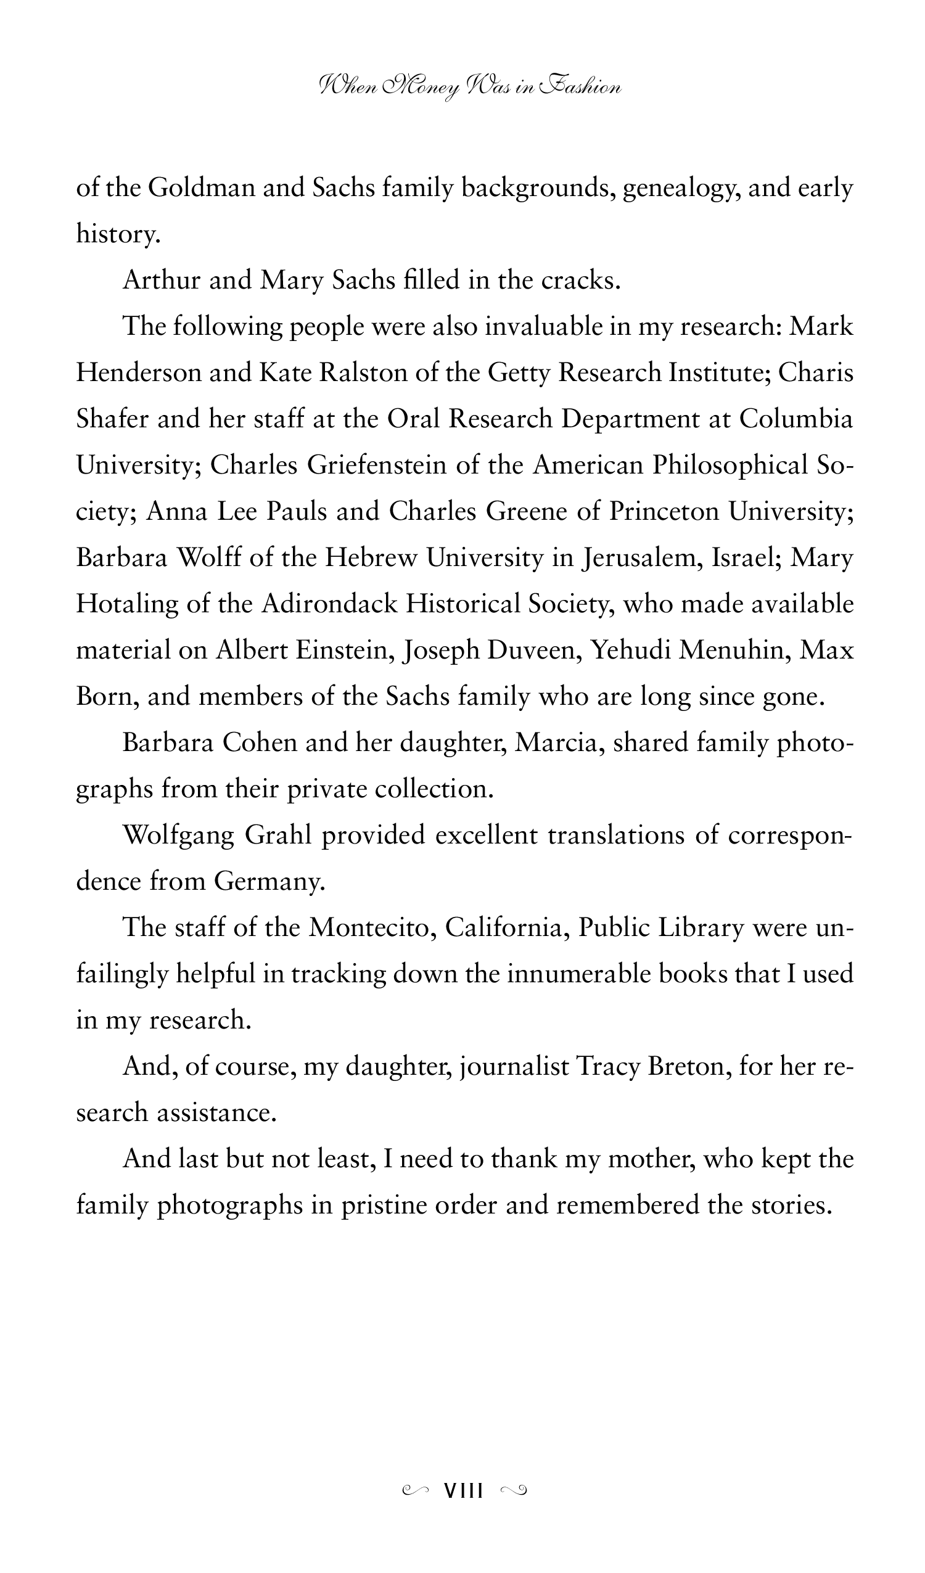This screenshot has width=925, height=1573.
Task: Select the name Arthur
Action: pyautogui.click(x=161, y=280)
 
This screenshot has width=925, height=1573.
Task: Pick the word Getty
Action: pyautogui.click(x=519, y=373)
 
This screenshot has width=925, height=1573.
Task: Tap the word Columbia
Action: pyautogui.click(x=795, y=418)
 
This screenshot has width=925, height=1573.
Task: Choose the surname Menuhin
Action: pyautogui.click(x=733, y=649)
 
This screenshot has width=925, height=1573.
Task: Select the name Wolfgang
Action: pyautogui.click(x=178, y=835)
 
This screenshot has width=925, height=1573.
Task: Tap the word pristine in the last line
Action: pyautogui.click(x=382, y=1205)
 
